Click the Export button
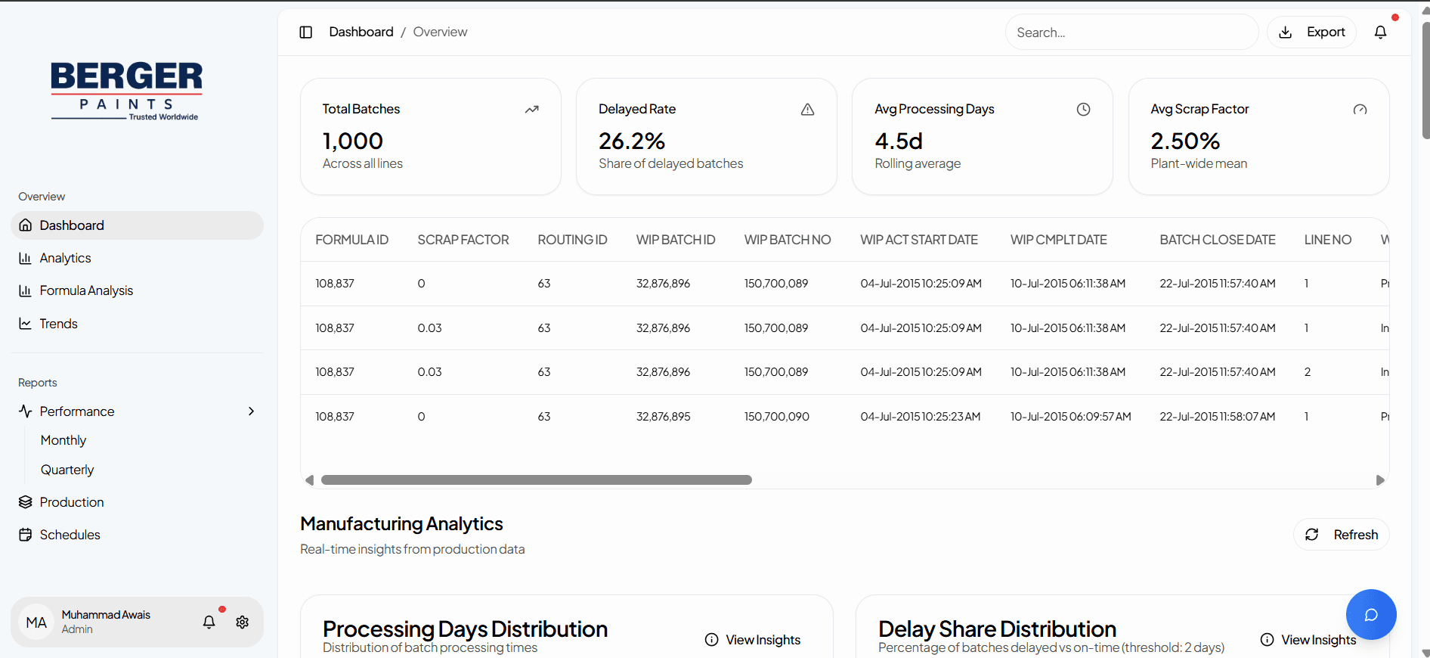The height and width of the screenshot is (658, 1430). click(x=1311, y=33)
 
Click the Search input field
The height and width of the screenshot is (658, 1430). click(x=1131, y=33)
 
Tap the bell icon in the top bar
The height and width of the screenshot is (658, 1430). click(x=1380, y=33)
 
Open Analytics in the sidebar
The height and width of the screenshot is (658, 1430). click(x=65, y=258)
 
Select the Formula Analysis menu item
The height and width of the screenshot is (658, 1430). click(x=86, y=290)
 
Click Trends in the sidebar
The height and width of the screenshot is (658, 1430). click(x=58, y=324)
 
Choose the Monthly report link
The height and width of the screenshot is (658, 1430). click(x=63, y=440)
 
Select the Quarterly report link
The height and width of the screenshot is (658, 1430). click(x=67, y=470)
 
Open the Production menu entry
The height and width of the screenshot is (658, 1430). click(x=72, y=502)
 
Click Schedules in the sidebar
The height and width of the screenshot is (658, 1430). click(x=70, y=535)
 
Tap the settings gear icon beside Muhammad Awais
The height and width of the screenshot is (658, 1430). click(x=242, y=622)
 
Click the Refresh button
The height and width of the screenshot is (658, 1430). click(x=1341, y=535)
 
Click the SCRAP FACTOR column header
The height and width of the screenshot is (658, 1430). click(x=463, y=240)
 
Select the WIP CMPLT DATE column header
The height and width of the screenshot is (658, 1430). click(x=1058, y=240)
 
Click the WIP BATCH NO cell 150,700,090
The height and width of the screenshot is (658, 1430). click(x=776, y=417)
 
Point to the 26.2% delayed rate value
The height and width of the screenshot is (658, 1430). click(x=631, y=141)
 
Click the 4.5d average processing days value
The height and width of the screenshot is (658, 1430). click(x=898, y=141)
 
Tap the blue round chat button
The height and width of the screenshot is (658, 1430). click(x=1370, y=614)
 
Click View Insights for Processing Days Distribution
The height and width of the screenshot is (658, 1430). click(x=753, y=640)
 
